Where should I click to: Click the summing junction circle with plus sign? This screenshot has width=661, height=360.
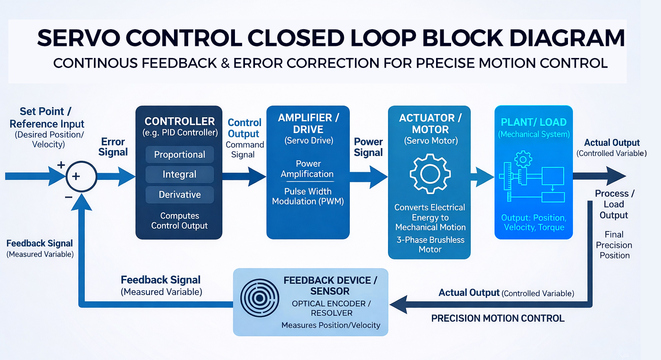(81, 176)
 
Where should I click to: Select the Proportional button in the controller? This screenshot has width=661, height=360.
(179, 154)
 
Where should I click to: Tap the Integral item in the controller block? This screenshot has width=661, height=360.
(179, 174)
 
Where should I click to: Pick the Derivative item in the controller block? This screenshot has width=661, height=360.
(179, 194)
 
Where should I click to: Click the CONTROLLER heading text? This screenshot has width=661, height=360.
(179, 121)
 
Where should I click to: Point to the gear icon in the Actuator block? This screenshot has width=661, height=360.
(430, 174)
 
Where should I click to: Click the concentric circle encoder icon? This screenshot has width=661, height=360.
(260, 298)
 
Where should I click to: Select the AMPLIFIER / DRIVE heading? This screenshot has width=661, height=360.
(308, 123)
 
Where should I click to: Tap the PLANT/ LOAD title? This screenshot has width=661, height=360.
(533, 122)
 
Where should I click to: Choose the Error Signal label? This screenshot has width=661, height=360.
(113, 147)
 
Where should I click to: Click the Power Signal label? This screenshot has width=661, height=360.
(368, 147)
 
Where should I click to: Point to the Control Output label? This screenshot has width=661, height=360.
(244, 128)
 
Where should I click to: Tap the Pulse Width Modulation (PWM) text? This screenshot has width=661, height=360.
(308, 196)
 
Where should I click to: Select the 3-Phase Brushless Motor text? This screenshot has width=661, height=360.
(430, 244)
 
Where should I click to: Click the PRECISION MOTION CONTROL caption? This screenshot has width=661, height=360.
(497, 318)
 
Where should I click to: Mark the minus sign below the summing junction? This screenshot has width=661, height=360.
(69, 197)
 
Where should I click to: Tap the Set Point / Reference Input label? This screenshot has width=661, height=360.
(46, 118)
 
